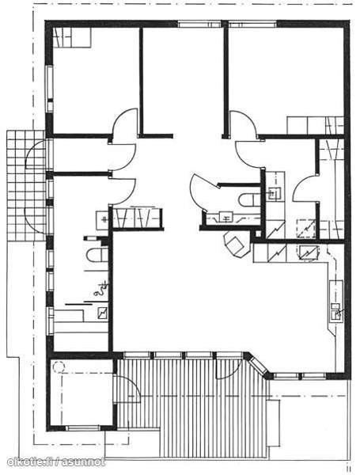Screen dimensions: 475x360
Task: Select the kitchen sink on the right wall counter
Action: (335, 310)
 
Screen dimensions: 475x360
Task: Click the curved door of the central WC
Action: (203, 191)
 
